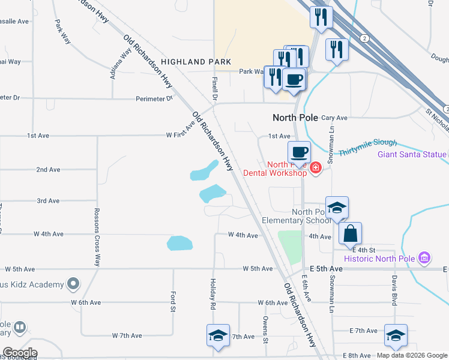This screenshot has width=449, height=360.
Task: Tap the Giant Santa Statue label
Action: pyautogui.click(x=412, y=154)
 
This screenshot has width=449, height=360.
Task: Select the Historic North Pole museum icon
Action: pyautogui.click(x=424, y=258)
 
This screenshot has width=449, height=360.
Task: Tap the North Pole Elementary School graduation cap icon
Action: pyautogui.click(x=337, y=208)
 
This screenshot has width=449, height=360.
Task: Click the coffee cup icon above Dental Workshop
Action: pyautogui.click(x=299, y=152)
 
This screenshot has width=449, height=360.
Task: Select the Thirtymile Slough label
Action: pyautogui.click(x=367, y=147)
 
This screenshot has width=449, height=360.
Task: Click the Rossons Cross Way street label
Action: pyautogui.click(x=97, y=237)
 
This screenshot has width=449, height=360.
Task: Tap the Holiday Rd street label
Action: pyautogui.click(x=212, y=293)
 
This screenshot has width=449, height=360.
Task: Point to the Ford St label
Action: pyautogui.click(x=173, y=302)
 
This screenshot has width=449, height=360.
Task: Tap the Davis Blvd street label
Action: pyautogui.click(x=395, y=290)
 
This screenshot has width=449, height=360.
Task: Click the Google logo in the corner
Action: pyautogui.click(x=19, y=353)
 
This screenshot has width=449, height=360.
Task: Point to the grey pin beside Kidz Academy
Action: pyautogui.click(x=73, y=283)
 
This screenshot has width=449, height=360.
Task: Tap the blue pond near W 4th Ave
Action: pyautogui.click(x=179, y=243)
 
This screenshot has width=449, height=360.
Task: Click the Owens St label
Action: pyautogui.click(x=264, y=326)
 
